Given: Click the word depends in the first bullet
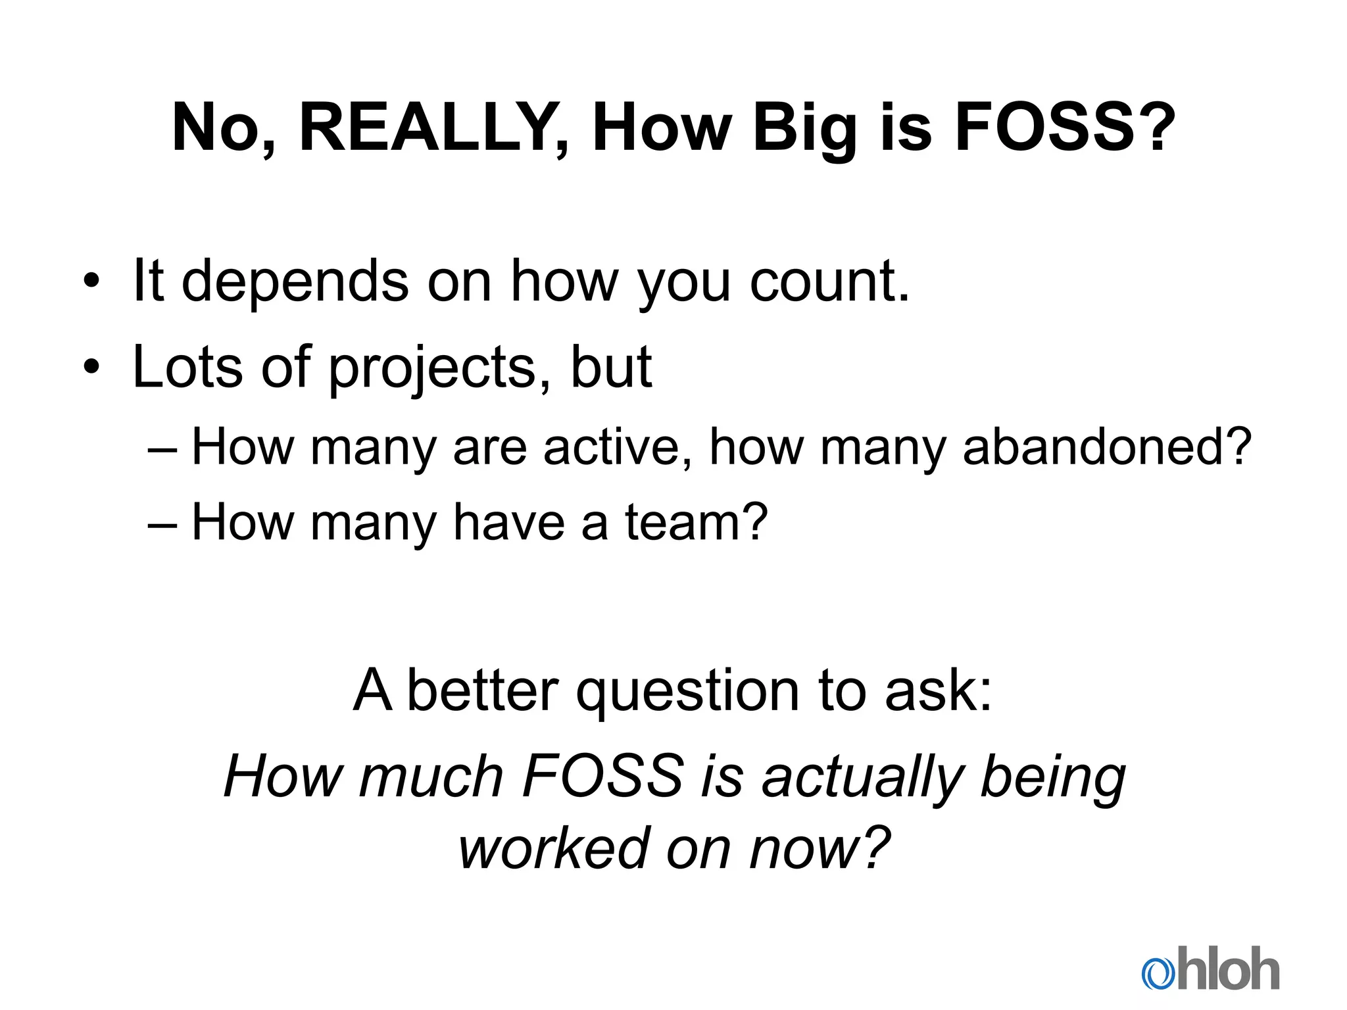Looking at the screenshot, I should (x=294, y=281).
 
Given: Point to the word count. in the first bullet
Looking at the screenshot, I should (x=829, y=281).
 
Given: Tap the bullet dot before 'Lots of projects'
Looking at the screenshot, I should (x=91, y=368).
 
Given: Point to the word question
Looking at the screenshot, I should (x=689, y=692).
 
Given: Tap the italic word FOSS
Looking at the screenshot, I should (x=602, y=777).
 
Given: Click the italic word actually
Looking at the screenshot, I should (x=862, y=778).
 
